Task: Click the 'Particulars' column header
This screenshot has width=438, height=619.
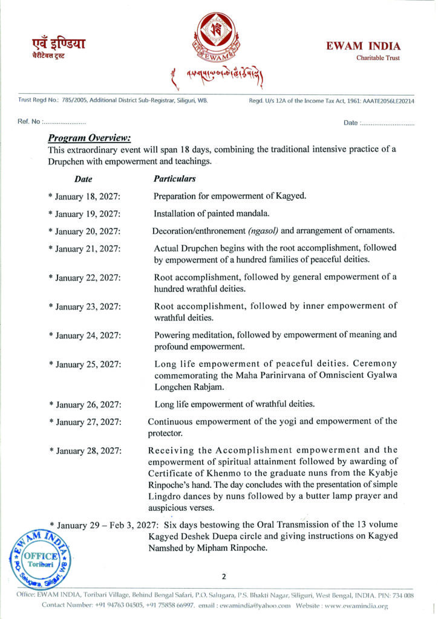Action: (175, 179)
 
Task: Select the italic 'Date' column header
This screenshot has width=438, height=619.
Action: (83, 179)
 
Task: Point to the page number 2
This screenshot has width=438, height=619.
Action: (223, 577)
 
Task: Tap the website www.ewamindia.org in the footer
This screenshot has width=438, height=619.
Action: (357, 604)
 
